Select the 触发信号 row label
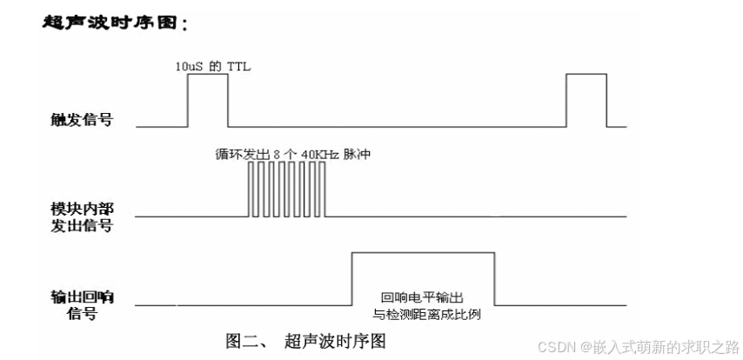click(82, 120)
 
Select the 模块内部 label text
click(82, 210)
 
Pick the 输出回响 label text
click(82, 297)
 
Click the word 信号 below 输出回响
click(82, 314)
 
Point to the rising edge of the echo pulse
click(351, 278)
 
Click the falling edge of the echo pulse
click(495, 278)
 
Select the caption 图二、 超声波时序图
click(305, 340)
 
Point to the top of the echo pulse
click(423, 253)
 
